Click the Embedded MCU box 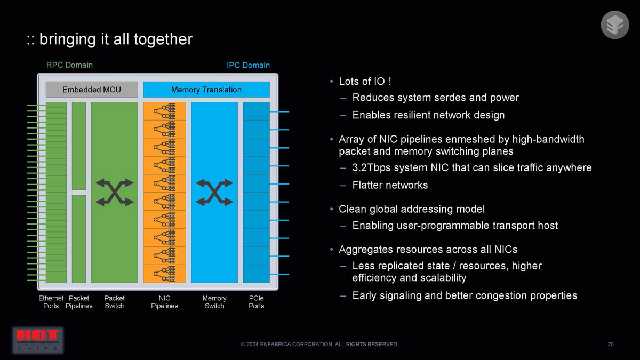pos(92,90)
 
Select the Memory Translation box pos(206,90)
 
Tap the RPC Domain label pos(69,65)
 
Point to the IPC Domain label pos(248,66)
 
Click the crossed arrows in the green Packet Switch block pos(115,193)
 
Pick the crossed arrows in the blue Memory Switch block pos(214,193)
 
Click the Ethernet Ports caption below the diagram pos(51,302)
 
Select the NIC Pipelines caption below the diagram pos(164,302)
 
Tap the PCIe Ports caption pos(257,302)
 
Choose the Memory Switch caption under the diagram pos(214,302)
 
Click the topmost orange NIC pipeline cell pos(165,111)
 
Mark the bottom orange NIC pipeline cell pos(165,274)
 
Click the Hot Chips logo pos(38,341)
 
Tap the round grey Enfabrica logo pos(615,25)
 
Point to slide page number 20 pos(611,345)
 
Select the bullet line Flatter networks pos(390,185)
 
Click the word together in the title pos(163,39)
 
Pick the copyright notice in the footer pos(319,345)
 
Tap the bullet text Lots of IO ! pos(365,82)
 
